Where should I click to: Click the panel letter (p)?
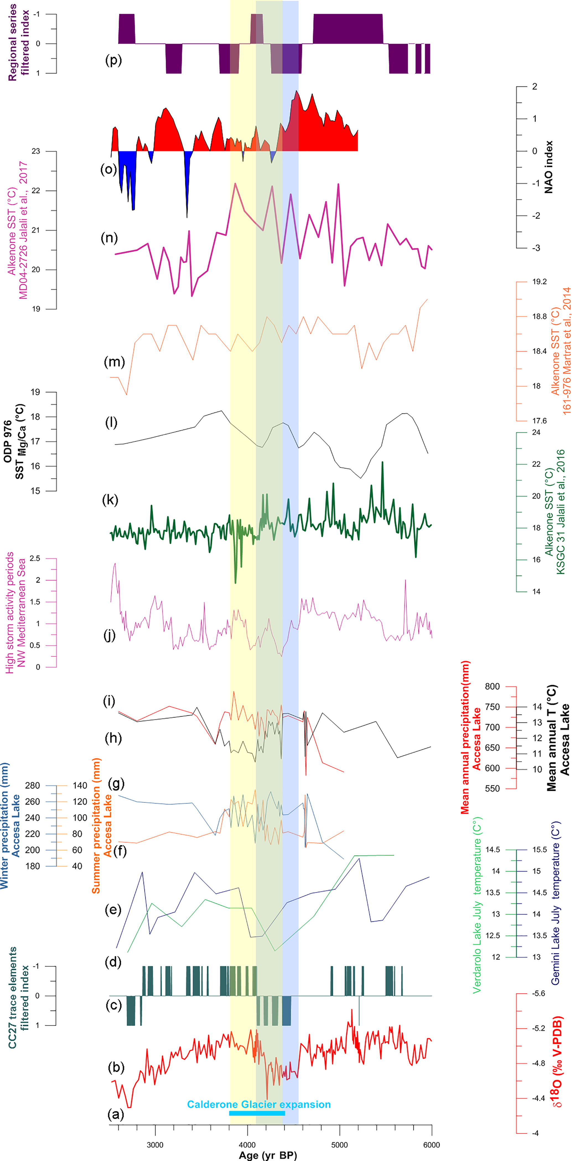[113, 60]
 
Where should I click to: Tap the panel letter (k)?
[110, 500]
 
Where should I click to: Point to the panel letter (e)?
[113, 909]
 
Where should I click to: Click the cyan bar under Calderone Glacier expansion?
[257, 1113]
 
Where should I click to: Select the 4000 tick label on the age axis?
[247, 1145]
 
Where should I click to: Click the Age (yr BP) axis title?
[268, 1155]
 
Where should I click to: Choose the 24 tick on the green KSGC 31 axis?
[536, 432]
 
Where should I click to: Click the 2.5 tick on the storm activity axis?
[35, 558]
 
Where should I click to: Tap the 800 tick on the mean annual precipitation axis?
[492, 686]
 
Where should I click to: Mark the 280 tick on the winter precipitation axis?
[32, 786]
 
